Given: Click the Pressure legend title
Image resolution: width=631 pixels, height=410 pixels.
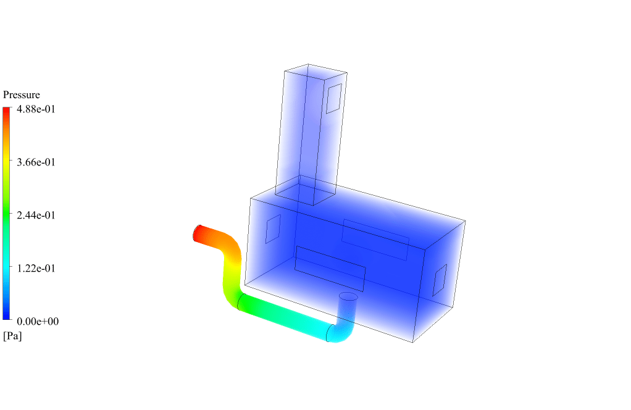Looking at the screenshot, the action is (22, 94).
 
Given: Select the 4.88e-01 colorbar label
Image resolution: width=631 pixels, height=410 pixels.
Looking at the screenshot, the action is (36, 109).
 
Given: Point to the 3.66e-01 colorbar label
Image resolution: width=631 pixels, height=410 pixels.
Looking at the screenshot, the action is (36, 162).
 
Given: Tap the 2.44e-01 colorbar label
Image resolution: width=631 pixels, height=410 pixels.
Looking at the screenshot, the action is (36, 215).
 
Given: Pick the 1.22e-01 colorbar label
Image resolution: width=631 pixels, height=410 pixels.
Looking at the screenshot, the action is (36, 269).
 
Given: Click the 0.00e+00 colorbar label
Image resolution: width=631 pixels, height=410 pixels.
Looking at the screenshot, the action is (38, 322).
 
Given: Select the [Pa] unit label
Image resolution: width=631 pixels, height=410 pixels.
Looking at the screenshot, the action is (12, 336).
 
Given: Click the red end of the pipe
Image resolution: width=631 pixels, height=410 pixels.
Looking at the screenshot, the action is (198, 233).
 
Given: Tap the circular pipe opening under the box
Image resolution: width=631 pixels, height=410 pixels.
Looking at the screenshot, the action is (348, 296).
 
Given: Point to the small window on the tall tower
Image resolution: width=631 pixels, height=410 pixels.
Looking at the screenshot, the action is (333, 99).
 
